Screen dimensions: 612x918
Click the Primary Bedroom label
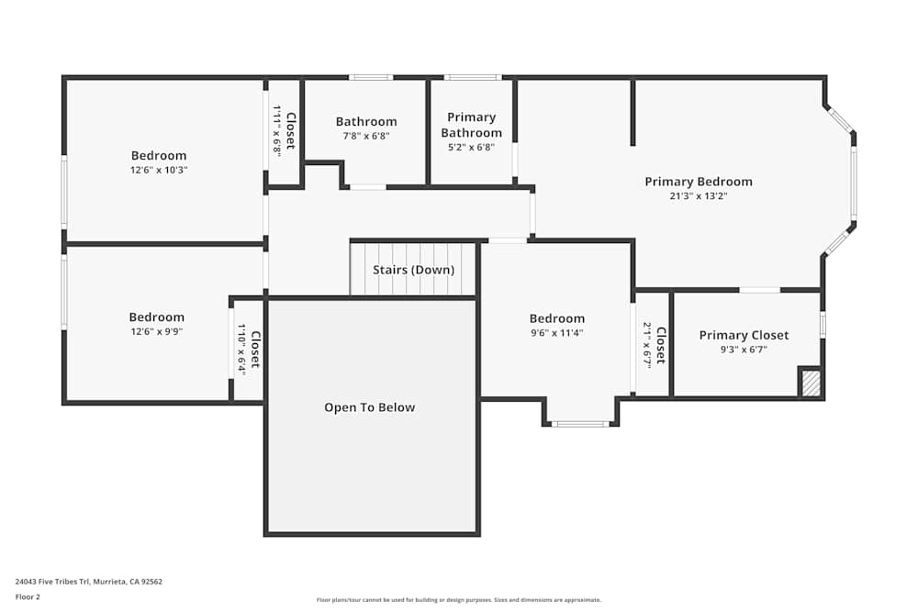[698, 182]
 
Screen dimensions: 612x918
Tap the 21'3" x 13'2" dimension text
[698, 195]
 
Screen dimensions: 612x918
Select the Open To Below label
[369, 407]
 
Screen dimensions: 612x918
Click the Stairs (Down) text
[413, 270]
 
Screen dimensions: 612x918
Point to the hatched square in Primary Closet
[810, 382]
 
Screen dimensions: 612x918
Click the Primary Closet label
[744, 335]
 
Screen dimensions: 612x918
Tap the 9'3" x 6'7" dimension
[744, 349]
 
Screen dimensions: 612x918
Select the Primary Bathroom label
[471, 125]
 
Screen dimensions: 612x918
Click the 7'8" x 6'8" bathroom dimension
[366, 136]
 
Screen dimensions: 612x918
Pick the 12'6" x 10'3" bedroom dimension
[158, 170]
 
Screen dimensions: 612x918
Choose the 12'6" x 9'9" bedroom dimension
[156, 331]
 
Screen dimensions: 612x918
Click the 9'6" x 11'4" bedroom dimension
[556, 333]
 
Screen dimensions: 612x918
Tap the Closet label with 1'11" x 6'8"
[290, 130]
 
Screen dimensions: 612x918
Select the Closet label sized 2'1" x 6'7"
[660, 344]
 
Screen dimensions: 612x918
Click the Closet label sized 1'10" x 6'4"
[255, 349]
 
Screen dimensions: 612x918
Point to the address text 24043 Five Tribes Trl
[89, 581]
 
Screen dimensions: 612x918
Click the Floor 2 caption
[28, 596]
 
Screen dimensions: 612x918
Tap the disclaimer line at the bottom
[458, 600]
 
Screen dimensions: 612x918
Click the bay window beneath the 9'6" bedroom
[580, 424]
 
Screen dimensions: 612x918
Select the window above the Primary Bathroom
[473, 77]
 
